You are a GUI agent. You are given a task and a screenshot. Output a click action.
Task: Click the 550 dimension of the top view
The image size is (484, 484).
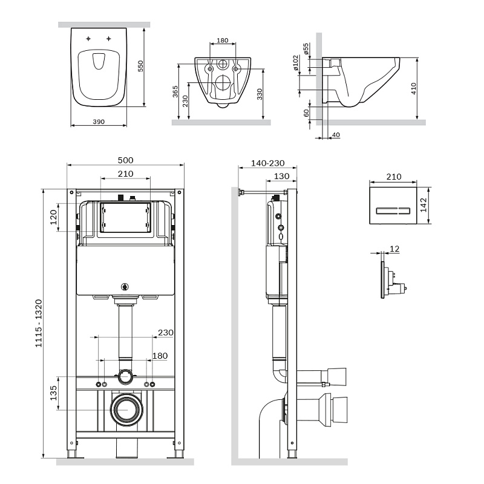pyautogui.click(x=140, y=66)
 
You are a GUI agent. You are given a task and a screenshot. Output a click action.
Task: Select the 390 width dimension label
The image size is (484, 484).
pyautogui.click(x=99, y=122)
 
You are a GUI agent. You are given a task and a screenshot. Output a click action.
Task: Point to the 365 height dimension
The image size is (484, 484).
pyautogui.click(x=175, y=92)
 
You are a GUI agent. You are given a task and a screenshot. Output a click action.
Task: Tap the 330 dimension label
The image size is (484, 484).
pyautogui.click(x=260, y=94)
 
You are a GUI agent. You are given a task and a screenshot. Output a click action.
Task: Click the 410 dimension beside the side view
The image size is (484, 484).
pyautogui.click(x=414, y=89)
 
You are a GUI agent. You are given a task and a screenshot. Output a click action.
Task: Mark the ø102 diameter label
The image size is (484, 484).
pyautogui.click(x=296, y=64)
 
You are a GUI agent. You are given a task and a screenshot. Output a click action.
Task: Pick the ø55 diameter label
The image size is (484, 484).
pyautogui.click(x=306, y=48)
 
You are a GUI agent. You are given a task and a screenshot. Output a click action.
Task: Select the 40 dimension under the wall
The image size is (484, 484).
pyautogui.click(x=336, y=134)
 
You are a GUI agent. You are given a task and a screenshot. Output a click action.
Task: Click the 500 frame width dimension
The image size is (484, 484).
pyautogui.click(x=125, y=160)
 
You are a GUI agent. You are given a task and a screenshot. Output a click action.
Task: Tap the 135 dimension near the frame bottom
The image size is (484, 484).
pyautogui.click(x=53, y=393)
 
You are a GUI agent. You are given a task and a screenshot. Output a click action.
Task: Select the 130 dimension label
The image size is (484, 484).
pyautogui.click(x=281, y=176)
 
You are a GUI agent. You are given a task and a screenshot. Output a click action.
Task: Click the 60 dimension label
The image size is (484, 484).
pyautogui.click(x=306, y=113)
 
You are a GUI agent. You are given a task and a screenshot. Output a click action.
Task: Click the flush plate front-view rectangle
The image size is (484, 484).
pyautogui.click(x=393, y=210)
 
